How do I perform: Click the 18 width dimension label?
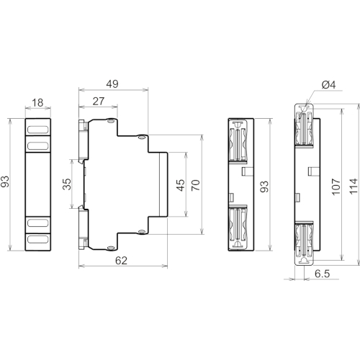tap(37, 103)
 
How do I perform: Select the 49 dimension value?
tap(112, 84)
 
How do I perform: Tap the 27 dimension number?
tap(99, 102)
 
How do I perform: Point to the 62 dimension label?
tap(121, 261)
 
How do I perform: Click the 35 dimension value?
tap(67, 184)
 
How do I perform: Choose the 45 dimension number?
tap(181, 185)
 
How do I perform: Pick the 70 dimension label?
tap(196, 185)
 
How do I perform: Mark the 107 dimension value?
tap(336, 186)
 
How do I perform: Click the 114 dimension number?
tap(354, 186)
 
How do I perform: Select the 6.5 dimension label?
tap(322, 274)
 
